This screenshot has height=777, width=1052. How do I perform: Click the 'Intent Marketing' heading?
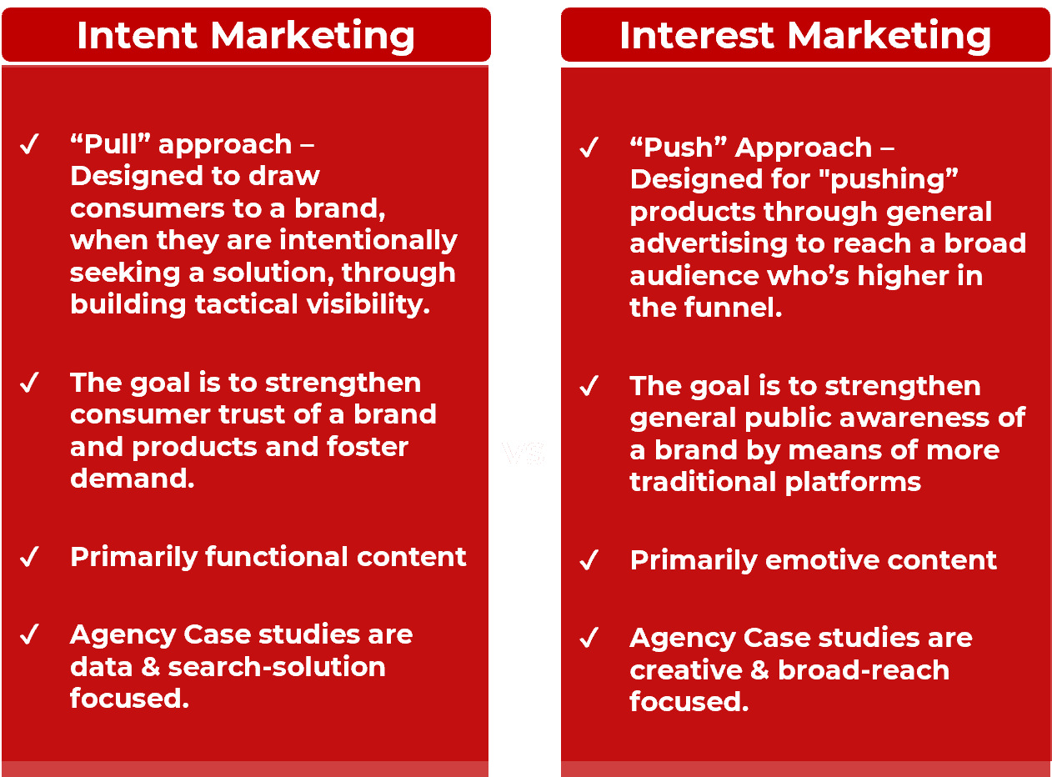click(x=246, y=36)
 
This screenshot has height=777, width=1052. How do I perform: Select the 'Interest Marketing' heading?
click(x=805, y=36)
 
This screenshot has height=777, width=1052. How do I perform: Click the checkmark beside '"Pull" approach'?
click(x=29, y=146)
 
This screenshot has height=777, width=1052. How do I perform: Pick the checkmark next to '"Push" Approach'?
click(x=589, y=149)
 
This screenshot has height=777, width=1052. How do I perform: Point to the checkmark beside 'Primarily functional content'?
click(x=29, y=557)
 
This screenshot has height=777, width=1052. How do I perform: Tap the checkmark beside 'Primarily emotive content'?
click(x=589, y=560)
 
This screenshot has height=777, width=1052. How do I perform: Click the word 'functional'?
click(x=268, y=557)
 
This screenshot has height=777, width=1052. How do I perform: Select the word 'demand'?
click(x=130, y=479)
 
